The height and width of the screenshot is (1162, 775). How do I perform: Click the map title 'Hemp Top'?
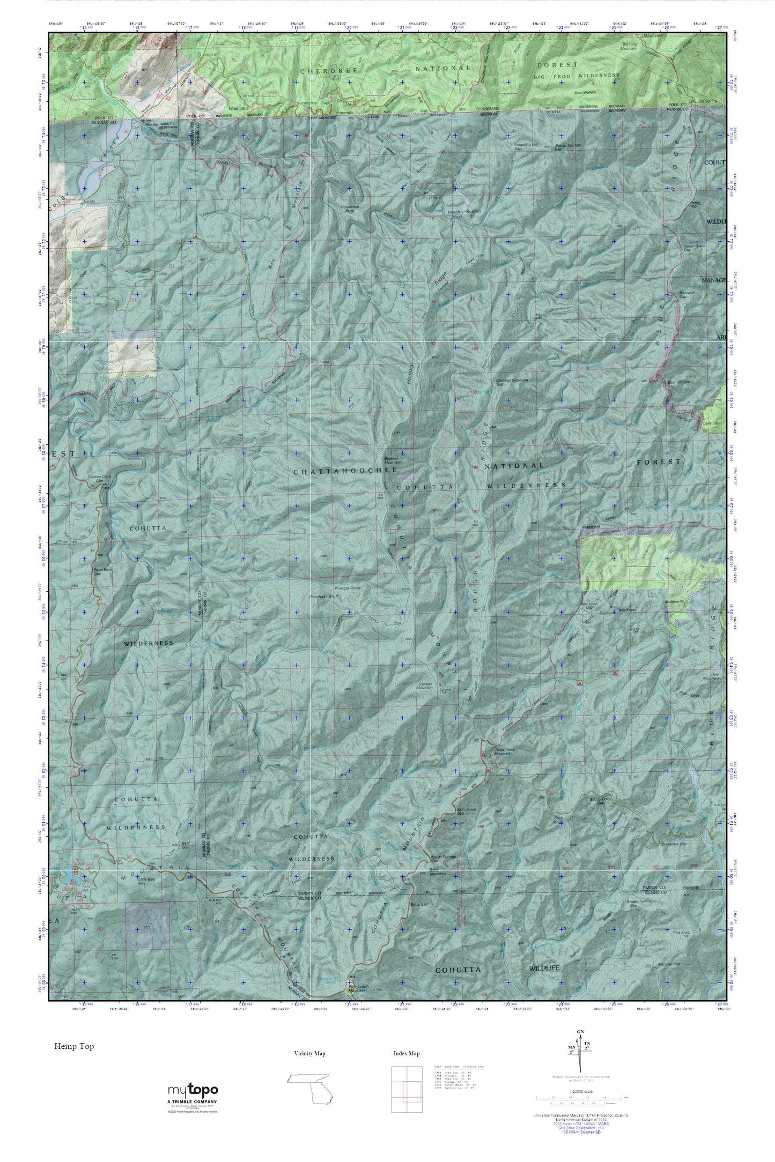73,1046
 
